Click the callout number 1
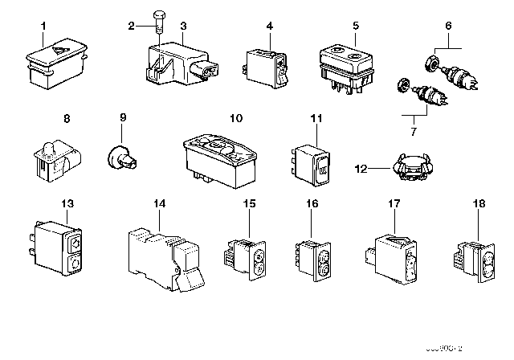coord(44,26)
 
